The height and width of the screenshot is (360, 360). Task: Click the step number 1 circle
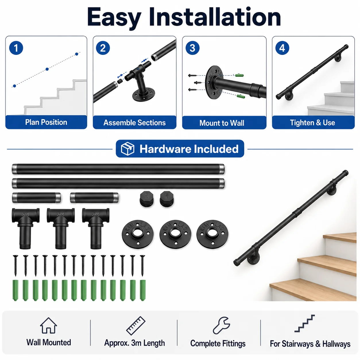point(16,48)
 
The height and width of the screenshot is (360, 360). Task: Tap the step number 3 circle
point(192,48)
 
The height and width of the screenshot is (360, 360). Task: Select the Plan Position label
point(46,122)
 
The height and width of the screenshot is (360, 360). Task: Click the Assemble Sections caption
point(135,123)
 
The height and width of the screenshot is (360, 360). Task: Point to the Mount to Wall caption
point(222,123)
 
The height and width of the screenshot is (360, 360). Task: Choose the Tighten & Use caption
point(312,123)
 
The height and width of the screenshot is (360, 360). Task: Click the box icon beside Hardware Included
point(127,149)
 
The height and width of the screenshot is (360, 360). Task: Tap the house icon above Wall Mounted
point(49,326)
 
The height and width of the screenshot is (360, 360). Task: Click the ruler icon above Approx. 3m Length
point(136,326)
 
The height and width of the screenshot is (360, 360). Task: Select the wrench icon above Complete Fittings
point(221,325)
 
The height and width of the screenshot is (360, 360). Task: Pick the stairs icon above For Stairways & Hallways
point(305,323)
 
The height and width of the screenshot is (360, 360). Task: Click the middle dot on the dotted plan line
point(47,69)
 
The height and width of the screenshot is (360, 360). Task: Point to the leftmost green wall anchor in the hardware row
point(16,290)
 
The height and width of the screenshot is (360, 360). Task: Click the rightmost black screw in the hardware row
point(142,266)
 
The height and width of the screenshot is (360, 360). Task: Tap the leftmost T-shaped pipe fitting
point(26,228)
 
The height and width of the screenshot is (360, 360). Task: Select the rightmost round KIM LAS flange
point(212,234)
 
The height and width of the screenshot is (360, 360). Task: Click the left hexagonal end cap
point(147,199)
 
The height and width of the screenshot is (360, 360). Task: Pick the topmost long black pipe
point(118,169)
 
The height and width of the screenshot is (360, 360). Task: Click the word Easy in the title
point(114,17)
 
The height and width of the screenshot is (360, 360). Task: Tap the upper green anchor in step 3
point(239,75)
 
